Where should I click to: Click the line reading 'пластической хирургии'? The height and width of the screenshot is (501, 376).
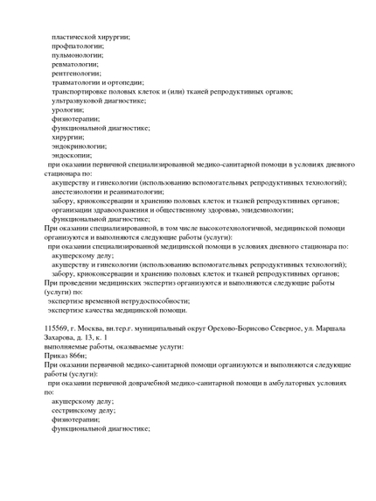(x=91, y=36)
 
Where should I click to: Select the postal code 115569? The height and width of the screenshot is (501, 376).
(x=58, y=328)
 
